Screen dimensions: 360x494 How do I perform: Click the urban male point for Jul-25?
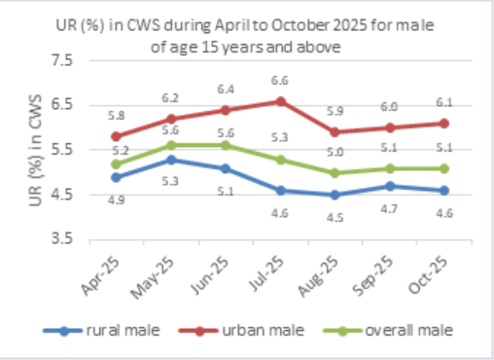pos(280,101)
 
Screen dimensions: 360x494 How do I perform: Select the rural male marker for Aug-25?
pos(335,194)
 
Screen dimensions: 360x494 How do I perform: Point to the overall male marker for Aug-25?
pos(335,172)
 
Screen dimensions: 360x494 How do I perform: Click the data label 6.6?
pos(280,81)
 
